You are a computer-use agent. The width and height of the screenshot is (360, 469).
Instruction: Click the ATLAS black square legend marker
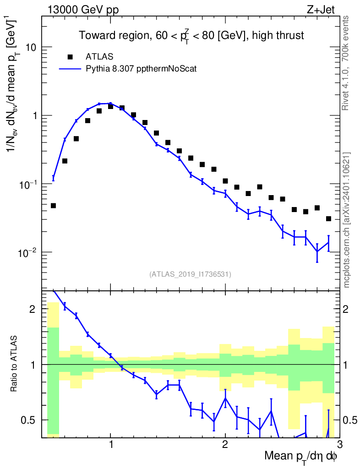pyautogui.click(x=70, y=57)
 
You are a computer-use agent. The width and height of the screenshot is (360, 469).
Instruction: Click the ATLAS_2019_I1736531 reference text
pyautogui.click(x=190, y=274)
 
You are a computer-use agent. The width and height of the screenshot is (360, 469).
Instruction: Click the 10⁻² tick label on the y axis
pyautogui.click(x=28, y=252)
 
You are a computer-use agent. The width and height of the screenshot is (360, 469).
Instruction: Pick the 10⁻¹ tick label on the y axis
pyautogui.click(x=28, y=184)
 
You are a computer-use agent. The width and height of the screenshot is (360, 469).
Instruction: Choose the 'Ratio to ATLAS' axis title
pyautogui.click(x=15, y=364)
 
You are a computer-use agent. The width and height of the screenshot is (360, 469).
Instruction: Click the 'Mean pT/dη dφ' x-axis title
pyautogui.click(x=300, y=457)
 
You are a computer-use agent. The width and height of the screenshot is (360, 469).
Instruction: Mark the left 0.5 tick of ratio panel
pyautogui.click(x=30, y=420)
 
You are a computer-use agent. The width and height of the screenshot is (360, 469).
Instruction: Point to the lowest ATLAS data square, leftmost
pyautogui.click(x=53, y=206)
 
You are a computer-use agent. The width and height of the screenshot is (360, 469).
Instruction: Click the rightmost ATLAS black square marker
pyautogui.click(x=328, y=219)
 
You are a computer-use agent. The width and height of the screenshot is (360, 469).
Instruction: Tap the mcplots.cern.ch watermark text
pyautogui.click(x=347, y=220)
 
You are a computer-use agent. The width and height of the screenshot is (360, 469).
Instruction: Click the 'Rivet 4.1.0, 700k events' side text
pyautogui.click(x=347, y=63)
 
